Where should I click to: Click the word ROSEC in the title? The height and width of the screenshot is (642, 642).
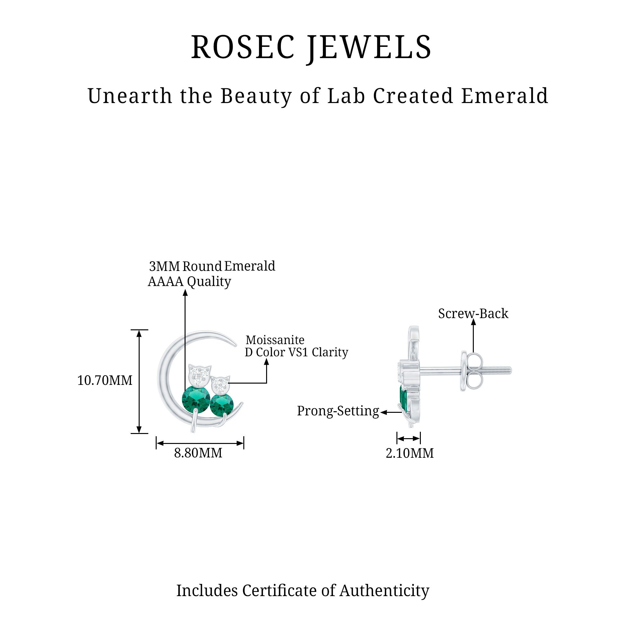(x=243, y=47)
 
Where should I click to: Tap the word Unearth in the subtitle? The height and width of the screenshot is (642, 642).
(x=130, y=96)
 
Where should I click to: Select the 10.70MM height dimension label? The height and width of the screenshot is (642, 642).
(x=105, y=380)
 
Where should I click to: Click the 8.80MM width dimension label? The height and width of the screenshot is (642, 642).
(x=198, y=453)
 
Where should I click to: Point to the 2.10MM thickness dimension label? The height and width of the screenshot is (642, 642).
(x=410, y=453)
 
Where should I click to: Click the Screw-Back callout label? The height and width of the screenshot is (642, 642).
(x=473, y=314)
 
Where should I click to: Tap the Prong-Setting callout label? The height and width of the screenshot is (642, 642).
(x=338, y=411)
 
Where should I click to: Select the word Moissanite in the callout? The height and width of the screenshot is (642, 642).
(x=275, y=340)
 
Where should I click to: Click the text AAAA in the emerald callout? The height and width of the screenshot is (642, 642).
(x=166, y=282)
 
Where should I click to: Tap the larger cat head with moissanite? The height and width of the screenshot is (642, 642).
(x=200, y=375)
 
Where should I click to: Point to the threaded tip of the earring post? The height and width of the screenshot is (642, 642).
(x=502, y=370)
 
